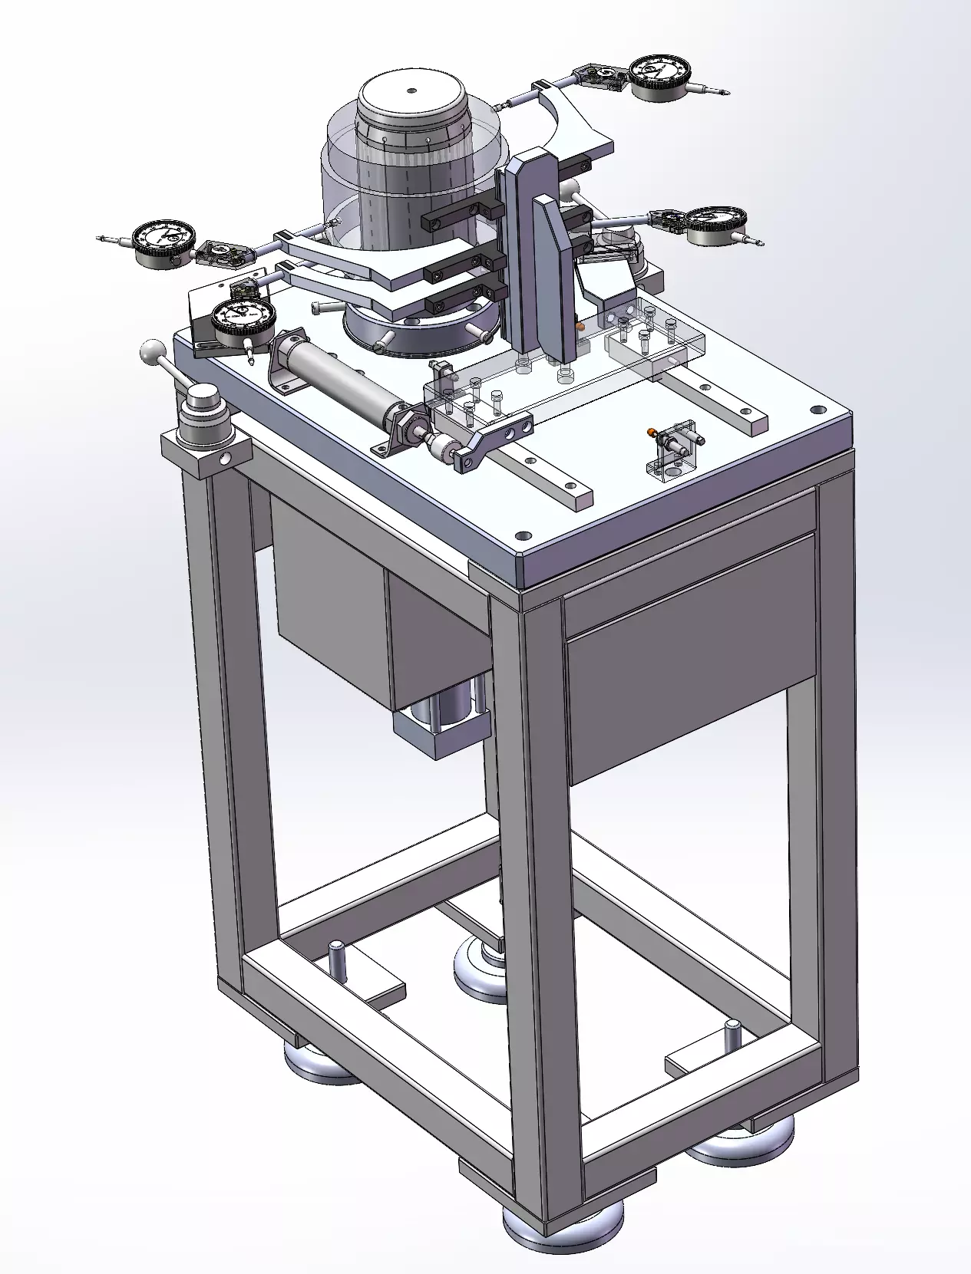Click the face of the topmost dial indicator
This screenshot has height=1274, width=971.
tap(659, 74)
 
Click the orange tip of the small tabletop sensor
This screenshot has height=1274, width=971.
tap(652, 433)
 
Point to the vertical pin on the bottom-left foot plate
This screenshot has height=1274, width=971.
tap(338, 959)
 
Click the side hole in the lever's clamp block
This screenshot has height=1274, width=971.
tap(225, 459)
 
